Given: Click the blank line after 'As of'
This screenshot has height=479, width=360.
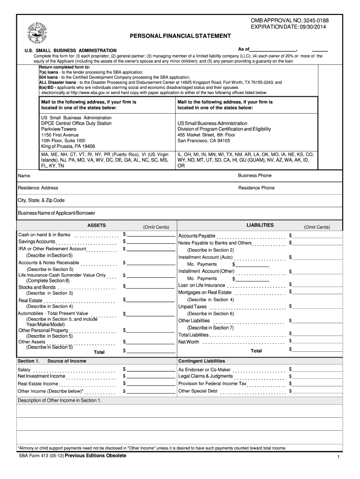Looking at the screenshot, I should click(x=274, y=50).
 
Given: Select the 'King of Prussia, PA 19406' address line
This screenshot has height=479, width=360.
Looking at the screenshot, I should click(x=68, y=146).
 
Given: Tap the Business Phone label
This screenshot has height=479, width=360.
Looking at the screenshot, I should click(x=254, y=175).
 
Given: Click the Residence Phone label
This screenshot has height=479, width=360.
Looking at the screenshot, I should click(x=256, y=188).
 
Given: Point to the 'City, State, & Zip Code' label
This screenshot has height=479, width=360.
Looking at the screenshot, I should click(x=41, y=200).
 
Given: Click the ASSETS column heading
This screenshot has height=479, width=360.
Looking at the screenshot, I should click(x=97, y=225).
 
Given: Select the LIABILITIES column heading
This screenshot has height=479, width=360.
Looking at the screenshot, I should click(x=260, y=225).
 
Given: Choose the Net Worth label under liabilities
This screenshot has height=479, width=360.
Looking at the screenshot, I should click(x=188, y=342).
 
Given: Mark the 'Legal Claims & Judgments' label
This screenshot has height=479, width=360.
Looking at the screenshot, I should click(x=205, y=376).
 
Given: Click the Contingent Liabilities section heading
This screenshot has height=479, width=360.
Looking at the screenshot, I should click(x=202, y=361).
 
